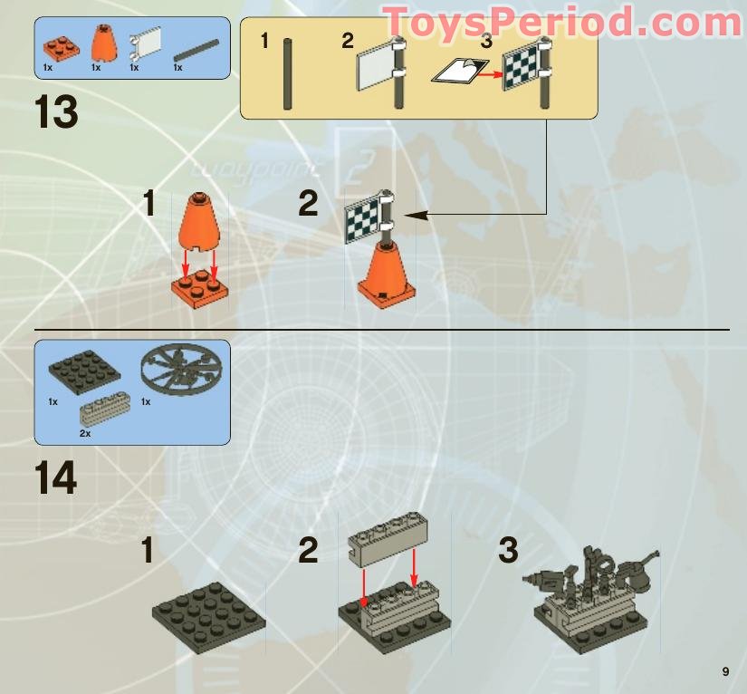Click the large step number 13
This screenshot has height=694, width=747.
56,111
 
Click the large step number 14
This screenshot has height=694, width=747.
56,477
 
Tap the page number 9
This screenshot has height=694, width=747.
725,671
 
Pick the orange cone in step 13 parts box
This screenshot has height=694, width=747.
103,43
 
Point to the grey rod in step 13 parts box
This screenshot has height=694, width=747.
196,50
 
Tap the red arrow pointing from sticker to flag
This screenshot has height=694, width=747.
491,74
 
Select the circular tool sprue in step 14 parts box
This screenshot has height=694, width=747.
181,370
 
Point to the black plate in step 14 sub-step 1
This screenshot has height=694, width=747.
208,612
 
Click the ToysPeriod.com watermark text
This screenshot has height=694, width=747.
563,22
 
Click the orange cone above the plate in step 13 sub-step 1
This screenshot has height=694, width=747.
199,222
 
